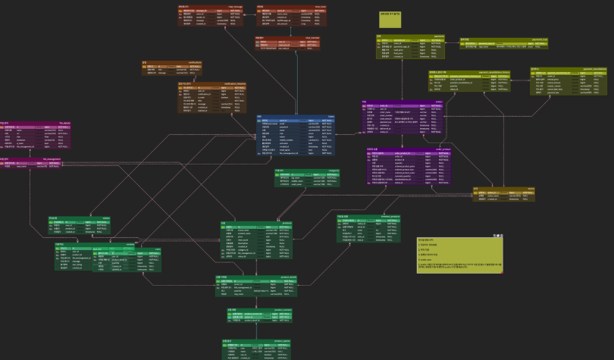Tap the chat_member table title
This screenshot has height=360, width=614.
point(289,36)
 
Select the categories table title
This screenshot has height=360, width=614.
point(307,171)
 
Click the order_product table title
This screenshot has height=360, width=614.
point(409,149)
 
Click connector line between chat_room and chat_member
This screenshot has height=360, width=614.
point(288,31)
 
